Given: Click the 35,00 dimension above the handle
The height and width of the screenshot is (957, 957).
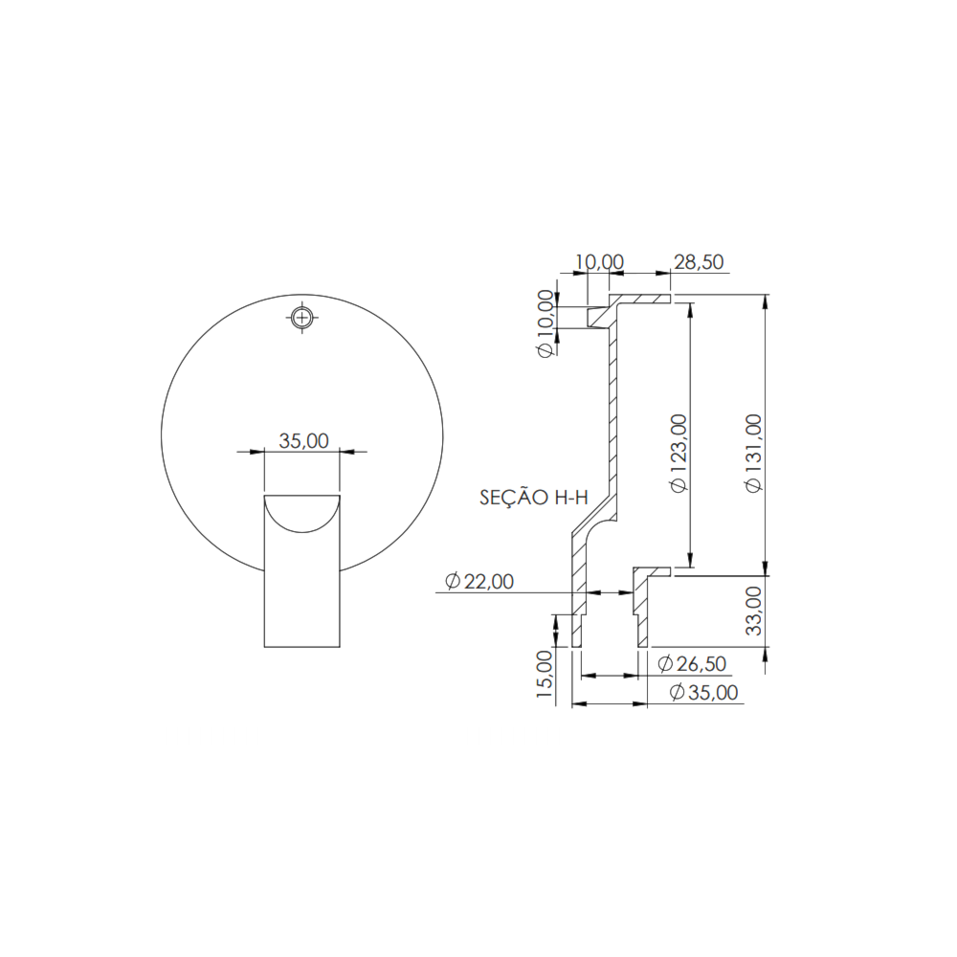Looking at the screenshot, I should tap(303, 440).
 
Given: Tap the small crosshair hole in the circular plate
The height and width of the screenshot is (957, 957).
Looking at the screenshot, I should tap(302, 317).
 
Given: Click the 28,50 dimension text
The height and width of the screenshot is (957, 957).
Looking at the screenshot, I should tap(699, 262).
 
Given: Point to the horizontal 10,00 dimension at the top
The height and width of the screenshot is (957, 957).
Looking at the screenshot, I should tap(599, 262).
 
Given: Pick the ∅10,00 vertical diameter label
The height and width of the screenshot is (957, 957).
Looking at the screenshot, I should tap(545, 323).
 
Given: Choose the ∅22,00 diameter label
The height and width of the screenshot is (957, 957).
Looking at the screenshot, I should tap(479, 581).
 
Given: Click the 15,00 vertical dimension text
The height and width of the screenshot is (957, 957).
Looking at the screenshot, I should tap(545, 676).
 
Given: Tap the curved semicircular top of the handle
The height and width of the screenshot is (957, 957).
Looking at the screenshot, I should tap(302, 511).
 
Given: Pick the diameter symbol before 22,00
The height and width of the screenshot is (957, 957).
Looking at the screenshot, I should tap(453, 581).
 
